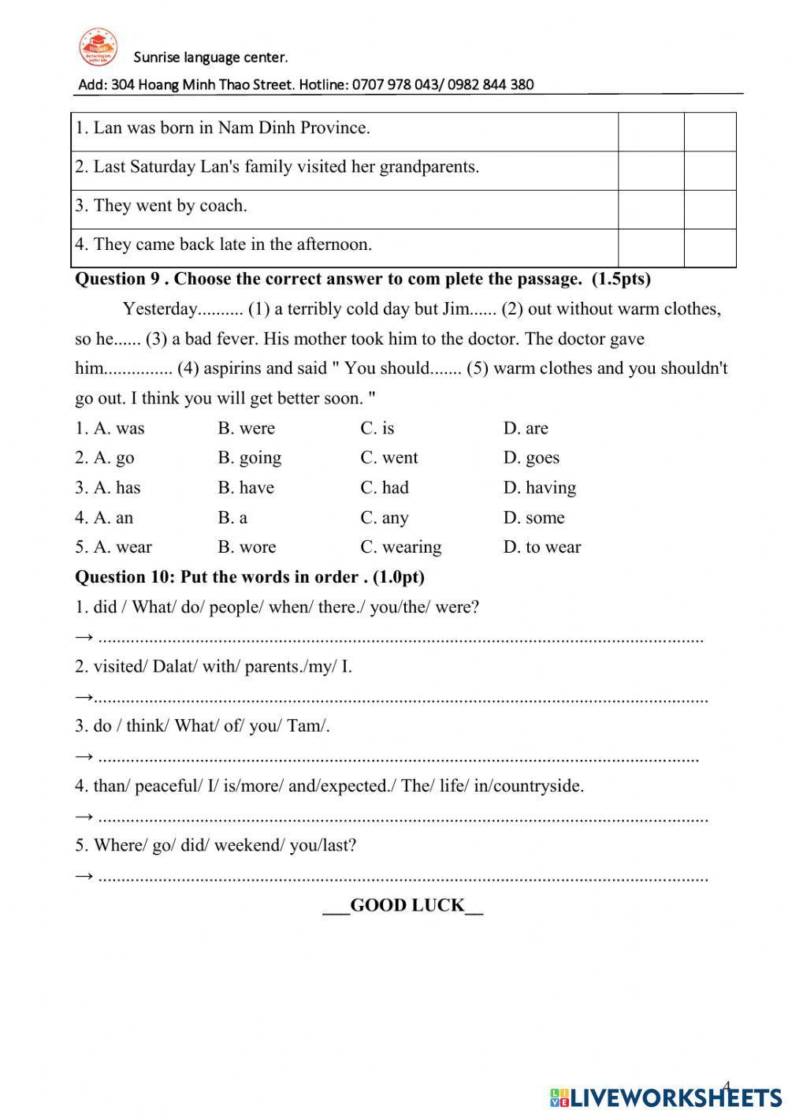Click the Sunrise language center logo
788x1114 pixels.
coord(98,47)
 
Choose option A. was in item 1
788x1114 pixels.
coord(110,428)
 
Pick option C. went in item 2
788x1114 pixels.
coord(388,457)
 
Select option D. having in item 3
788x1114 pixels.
coord(539,487)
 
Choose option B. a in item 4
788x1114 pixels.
coord(232,517)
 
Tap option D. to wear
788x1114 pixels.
coord(541,546)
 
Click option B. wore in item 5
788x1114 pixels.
coord(247,546)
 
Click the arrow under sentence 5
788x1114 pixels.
coord(84,875)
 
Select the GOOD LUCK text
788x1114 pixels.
coord(403,905)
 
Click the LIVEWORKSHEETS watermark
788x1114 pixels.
coord(665,1097)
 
